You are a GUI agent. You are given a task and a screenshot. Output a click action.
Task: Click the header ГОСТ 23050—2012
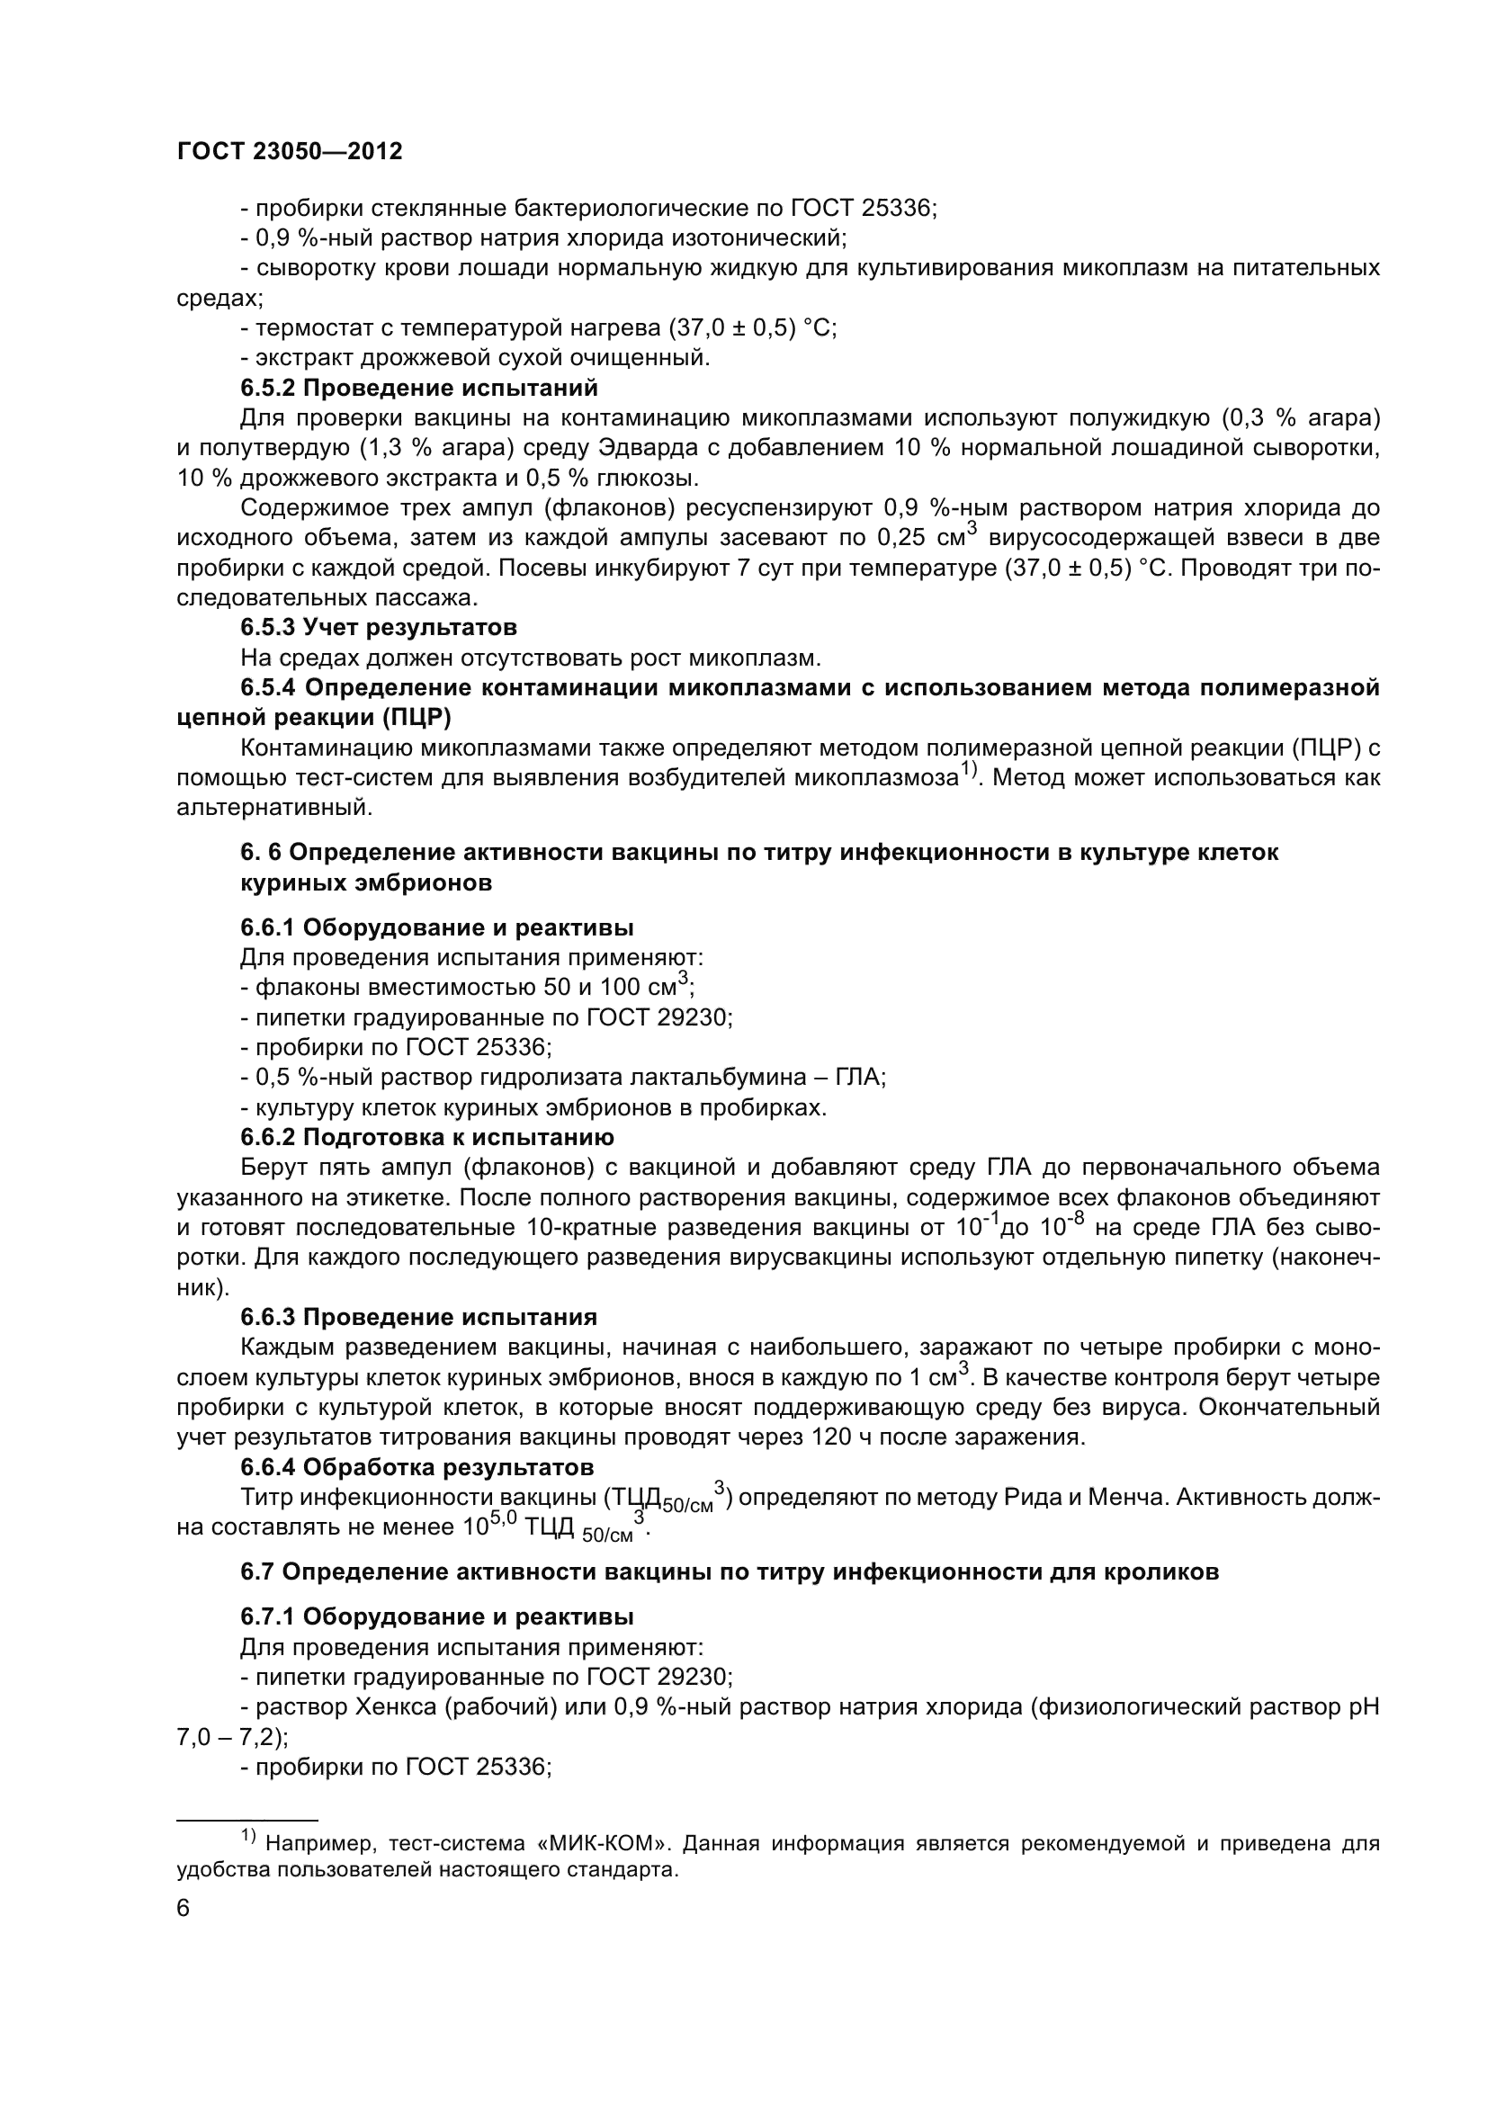pos(290,152)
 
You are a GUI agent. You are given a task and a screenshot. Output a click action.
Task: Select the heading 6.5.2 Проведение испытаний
pos(418,388)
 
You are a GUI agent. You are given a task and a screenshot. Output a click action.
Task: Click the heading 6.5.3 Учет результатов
pos(379,627)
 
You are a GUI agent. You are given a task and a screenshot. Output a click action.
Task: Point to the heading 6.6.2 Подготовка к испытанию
pos(427,1137)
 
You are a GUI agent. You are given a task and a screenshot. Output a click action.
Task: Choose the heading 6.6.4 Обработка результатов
pos(417,1467)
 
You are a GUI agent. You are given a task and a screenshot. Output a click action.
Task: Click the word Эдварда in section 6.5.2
pos(644,448)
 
